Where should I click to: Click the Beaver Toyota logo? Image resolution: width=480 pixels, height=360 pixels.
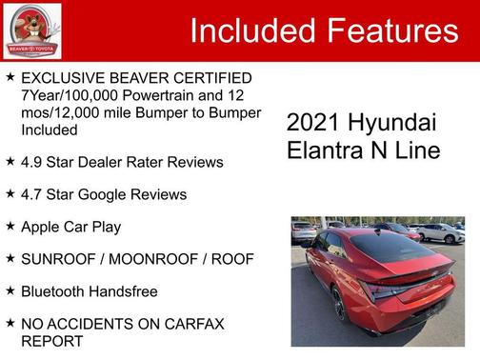(32, 30)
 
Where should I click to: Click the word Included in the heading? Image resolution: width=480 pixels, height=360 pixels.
(250, 30)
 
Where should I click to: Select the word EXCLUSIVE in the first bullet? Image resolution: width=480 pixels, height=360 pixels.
(64, 77)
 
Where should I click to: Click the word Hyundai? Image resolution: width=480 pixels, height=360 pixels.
(394, 123)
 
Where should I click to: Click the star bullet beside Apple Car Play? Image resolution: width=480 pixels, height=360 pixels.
(10, 226)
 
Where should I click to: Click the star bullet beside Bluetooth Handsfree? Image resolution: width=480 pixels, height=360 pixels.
(10, 290)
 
